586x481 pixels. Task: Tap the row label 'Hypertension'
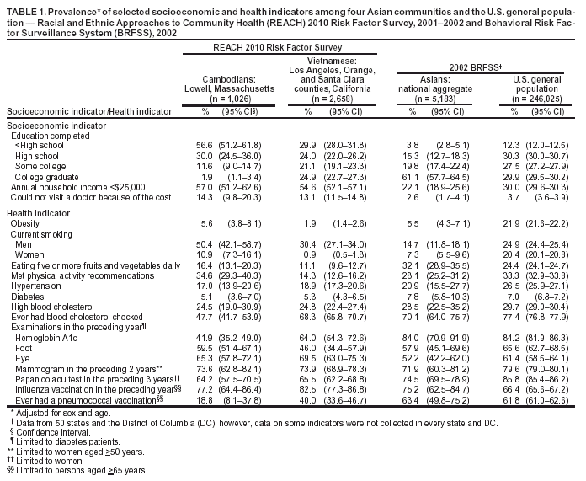[x=35, y=287]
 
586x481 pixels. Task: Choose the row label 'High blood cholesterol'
[x=52, y=307]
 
